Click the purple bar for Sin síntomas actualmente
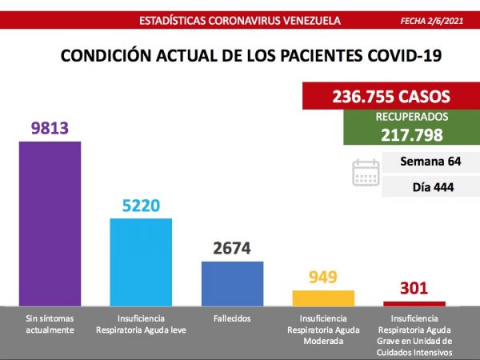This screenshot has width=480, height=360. pos(50,223)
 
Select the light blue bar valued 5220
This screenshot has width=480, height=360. pos(141,262)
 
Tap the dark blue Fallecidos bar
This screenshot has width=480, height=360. pos(232,283)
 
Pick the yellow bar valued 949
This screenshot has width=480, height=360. pos(323,297)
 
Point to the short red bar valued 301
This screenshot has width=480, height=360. pos(414,303)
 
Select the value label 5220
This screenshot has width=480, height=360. pos(141,206)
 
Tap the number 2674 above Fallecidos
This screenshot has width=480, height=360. pos(232,249)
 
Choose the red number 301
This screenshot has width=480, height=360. pos(414,288)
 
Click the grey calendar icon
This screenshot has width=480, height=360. pos(366,173)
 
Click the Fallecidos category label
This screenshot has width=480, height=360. pos(232,318)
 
